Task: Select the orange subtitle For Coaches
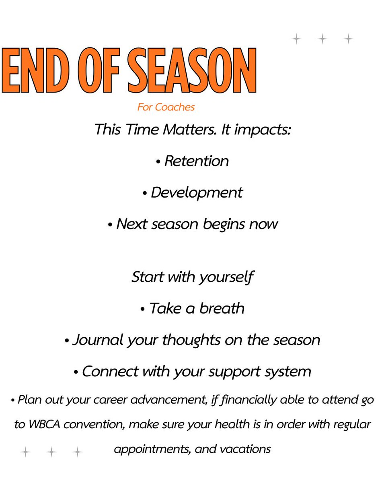click(x=166, y=107)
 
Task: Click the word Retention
click(x=196, y=161)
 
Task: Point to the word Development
click(x=197, y=192)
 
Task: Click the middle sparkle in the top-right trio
click(x=322, y=39)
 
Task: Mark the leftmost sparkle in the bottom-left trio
click(x=25, y=452)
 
